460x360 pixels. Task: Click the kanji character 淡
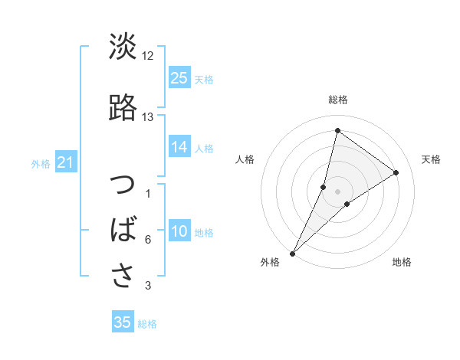(123, 47)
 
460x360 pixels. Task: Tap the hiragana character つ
(123, 186)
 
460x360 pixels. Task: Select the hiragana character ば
(123, 231)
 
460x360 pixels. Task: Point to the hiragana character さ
(123, 276)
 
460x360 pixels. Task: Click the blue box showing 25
(179, 78)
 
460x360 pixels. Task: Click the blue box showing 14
(179, 148)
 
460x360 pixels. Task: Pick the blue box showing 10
(179, 232)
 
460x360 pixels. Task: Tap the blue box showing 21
(65, 163)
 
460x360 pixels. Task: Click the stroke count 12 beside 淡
(148, 56)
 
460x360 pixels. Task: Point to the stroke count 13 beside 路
(148, 117)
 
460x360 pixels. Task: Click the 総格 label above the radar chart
(337, 100)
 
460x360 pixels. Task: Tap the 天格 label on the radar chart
(432, 159)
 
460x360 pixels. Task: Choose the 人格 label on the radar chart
(245, 159)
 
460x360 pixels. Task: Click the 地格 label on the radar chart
(402, 263)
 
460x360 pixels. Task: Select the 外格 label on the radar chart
(270, 263)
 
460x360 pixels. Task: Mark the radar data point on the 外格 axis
(292, 253)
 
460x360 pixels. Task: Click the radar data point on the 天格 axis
(396, 172)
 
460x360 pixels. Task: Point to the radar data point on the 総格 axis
(337, 131)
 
